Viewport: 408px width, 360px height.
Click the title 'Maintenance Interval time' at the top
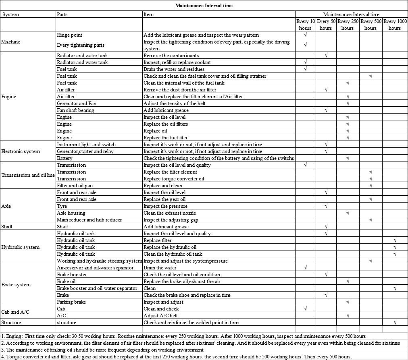[204, 6]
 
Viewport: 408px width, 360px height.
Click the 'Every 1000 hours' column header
[395, 25]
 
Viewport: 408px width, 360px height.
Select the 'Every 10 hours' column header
[305, 25]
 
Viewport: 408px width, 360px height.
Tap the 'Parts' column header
[62, 14]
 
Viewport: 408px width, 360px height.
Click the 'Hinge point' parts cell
[69, 35]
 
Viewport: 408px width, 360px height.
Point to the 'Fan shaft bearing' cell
[75, 110]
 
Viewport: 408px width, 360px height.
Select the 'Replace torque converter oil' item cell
[174, 179]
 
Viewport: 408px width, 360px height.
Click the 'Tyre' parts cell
[62, 206]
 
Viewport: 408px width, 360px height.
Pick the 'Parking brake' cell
[71, 302]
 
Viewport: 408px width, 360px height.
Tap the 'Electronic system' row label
[21, 151]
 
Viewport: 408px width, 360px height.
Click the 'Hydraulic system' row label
[20, 247]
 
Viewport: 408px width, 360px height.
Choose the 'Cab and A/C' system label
[15, 312]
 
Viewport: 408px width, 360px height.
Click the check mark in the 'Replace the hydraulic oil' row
[395, 247]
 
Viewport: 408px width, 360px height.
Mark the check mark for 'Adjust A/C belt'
[347, 316]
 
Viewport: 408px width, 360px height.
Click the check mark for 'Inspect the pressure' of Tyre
[326, 206]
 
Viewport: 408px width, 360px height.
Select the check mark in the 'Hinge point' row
[305, 35]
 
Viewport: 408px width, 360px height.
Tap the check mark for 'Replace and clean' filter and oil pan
[370, 186]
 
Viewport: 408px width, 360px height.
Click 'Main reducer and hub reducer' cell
[89, 220]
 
